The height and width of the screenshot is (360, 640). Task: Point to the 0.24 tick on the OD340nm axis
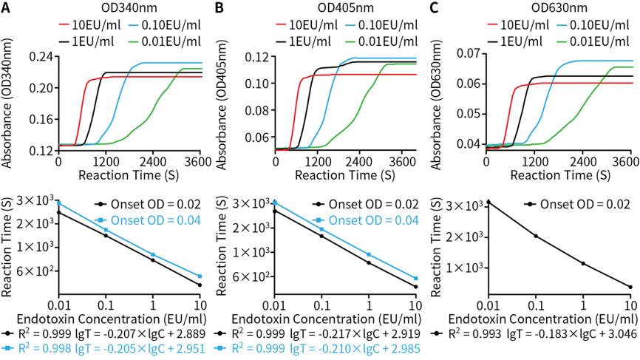[42, 55]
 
